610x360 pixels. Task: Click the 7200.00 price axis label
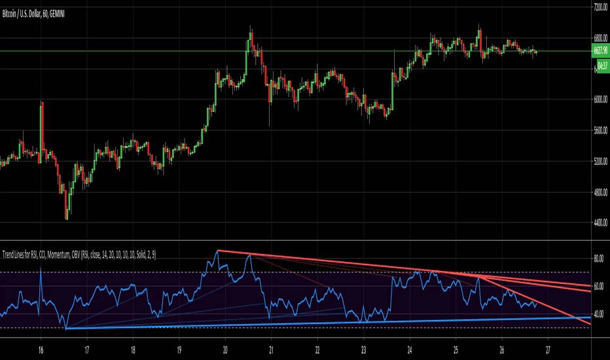[x=600, y=7]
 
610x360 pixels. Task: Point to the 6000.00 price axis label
[x=600, y=99]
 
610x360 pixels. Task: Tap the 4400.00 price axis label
[x=600, y=223]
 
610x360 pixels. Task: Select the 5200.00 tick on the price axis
[x=600, y=161]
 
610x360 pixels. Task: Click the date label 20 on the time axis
[x=225, y=350]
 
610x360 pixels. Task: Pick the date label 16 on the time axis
[x=41, y=350]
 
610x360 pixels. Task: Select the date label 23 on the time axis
[x=363, y=350]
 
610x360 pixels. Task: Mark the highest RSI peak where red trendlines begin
[x=217, y=251]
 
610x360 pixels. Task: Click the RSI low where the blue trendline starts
[x=66, y=328]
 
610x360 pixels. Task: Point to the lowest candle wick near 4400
[x=66, y=219]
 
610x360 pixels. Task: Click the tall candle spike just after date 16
[x=42, y=103]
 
